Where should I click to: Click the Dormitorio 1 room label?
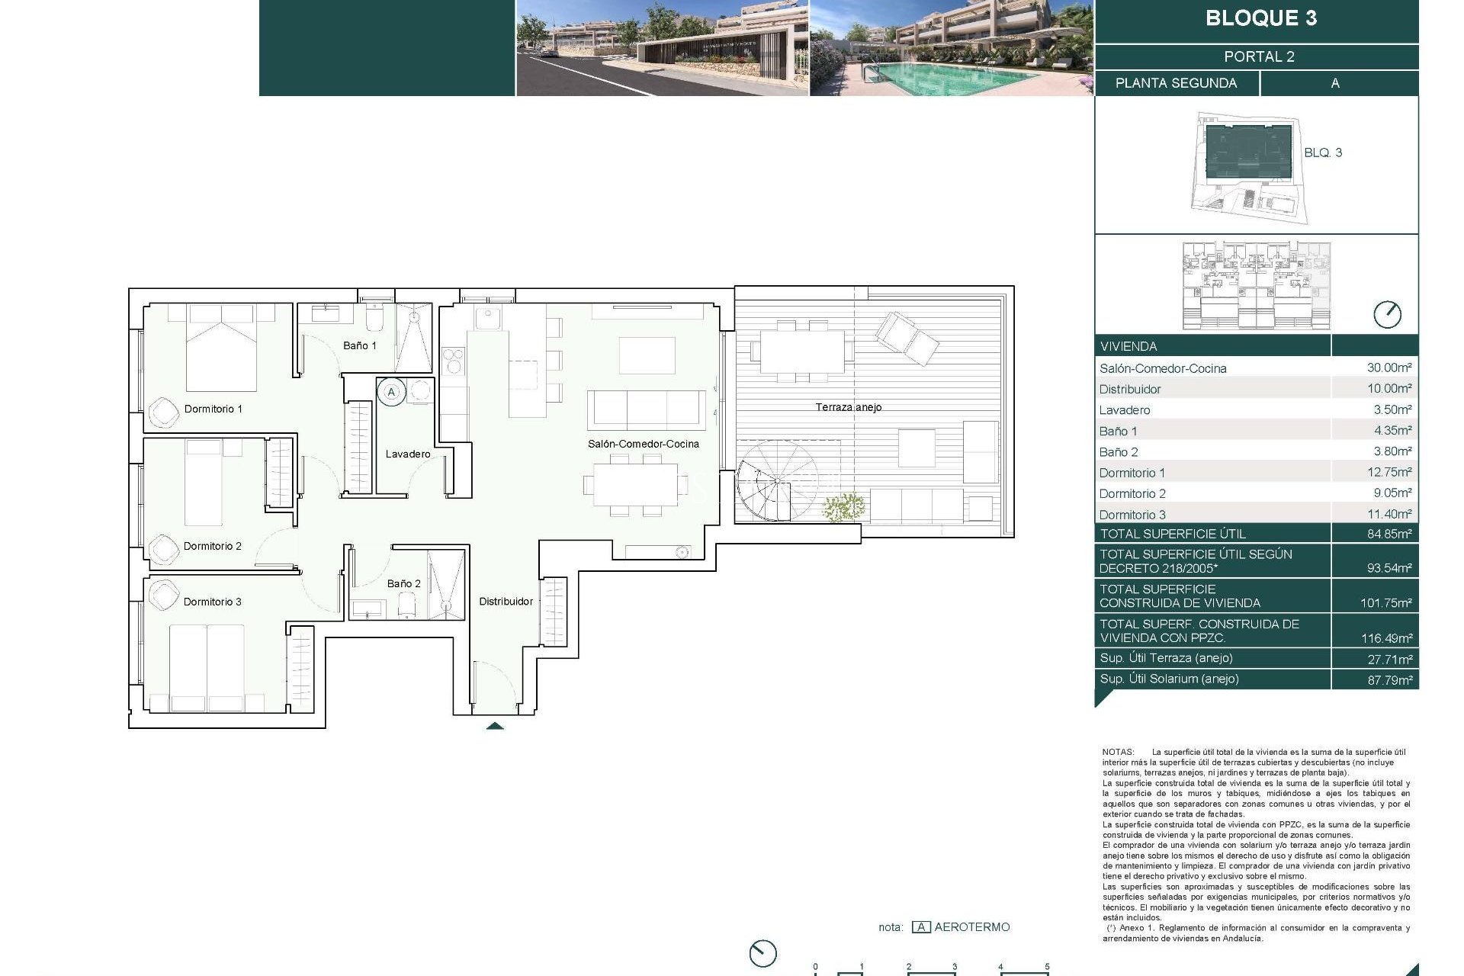[x=213, y=409]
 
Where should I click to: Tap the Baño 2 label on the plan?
[x=403, y=583]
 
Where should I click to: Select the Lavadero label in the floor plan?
[x=407, y=454]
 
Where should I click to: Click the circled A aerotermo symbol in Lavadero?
[x=391, y=392]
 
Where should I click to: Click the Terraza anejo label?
[x=848, y=407]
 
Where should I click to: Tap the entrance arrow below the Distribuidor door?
[x=494, y=726]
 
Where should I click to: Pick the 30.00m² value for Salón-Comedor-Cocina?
[x=1389, y=368]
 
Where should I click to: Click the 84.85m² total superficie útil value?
[x=1389, y=534]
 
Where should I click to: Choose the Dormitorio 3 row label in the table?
[x=1132, y=515]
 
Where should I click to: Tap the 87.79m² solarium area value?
[x=1389, y=679]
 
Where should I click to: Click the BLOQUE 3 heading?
[x=1260, y=19]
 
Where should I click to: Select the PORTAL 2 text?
[x=1259, y=56]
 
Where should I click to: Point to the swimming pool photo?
[x=951, y=48]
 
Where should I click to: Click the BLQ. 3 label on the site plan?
[x=1322, y=152]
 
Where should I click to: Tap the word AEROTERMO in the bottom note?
[x=971, y=927]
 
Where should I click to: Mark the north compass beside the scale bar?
[x=762, y=953]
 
